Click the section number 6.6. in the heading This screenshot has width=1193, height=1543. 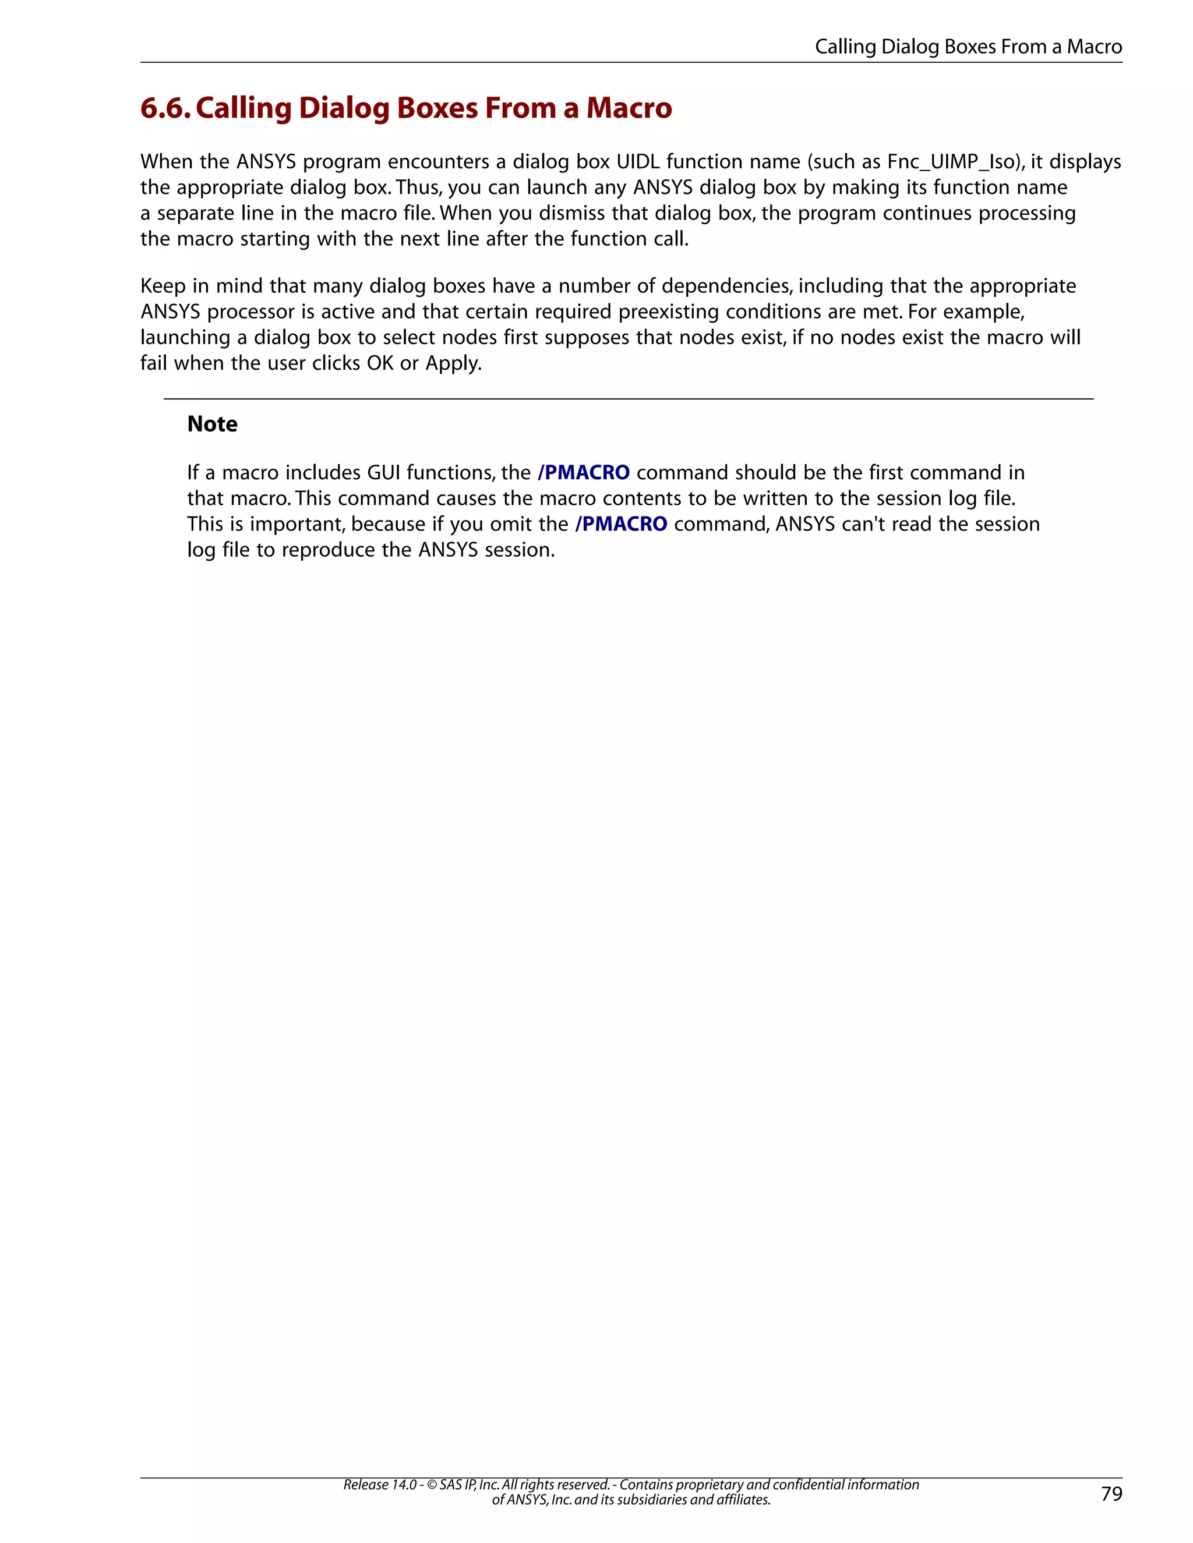click(x=165, y=108)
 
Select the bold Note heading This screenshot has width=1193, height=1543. click(x=212, y=424)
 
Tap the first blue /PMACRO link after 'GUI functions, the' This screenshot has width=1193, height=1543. click(x=583, y=473)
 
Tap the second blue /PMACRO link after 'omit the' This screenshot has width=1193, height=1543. click(x=621, y=524)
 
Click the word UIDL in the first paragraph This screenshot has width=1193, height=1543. click(x=637, y=162)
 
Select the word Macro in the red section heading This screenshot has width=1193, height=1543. click(x=629, y=108)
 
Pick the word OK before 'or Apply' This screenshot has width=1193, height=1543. click(x=380, y=363)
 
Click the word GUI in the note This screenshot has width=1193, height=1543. click(x=383, y=473)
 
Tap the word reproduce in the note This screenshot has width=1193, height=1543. click(x=328, y=550)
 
